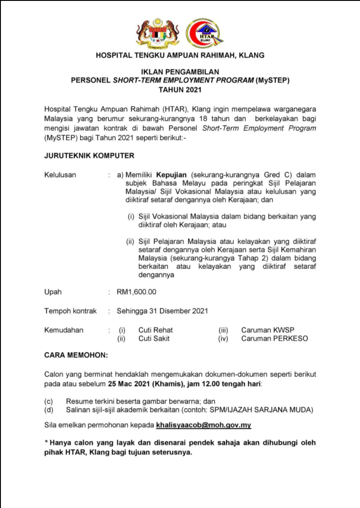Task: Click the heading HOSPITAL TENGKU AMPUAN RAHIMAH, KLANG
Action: click(180, 56)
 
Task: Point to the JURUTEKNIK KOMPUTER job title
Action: click(89, 156)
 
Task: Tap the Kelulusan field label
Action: click(60, 175)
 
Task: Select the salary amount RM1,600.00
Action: click(136, 292)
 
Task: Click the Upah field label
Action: click(53, 292)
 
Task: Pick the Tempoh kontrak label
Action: click(70, 311)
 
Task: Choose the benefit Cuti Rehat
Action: click(155, 330)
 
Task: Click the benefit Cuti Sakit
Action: click(154, 338)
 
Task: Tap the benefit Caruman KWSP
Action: click(268, 330)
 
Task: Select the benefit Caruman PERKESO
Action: click(274, 338)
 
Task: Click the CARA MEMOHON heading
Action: click(75, 355)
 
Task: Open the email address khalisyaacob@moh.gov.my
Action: click(203, 425)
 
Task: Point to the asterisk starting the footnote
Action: click(46, 443)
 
